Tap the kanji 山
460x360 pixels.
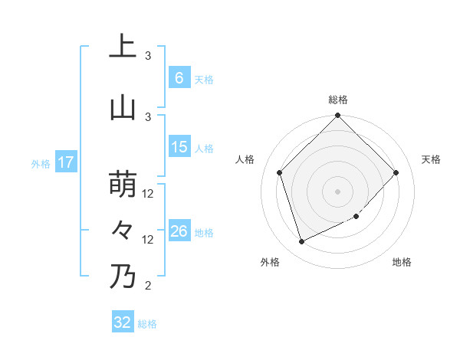123,108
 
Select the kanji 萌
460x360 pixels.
123,185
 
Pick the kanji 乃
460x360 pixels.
123,276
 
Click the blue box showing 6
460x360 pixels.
179,77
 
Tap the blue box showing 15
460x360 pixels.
179,147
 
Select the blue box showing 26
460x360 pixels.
179,231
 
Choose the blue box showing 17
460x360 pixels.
66,162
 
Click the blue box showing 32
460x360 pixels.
123,322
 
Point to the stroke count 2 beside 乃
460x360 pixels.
148,286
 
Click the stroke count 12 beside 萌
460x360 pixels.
148,195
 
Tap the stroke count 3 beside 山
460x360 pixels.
148,116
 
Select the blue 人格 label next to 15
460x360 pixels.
204,148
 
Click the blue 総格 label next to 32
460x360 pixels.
147,324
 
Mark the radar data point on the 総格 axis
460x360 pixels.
337,116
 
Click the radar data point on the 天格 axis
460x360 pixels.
396,173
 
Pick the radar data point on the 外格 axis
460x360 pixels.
301,242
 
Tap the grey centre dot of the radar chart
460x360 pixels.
337,191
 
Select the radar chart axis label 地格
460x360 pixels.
402,263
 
